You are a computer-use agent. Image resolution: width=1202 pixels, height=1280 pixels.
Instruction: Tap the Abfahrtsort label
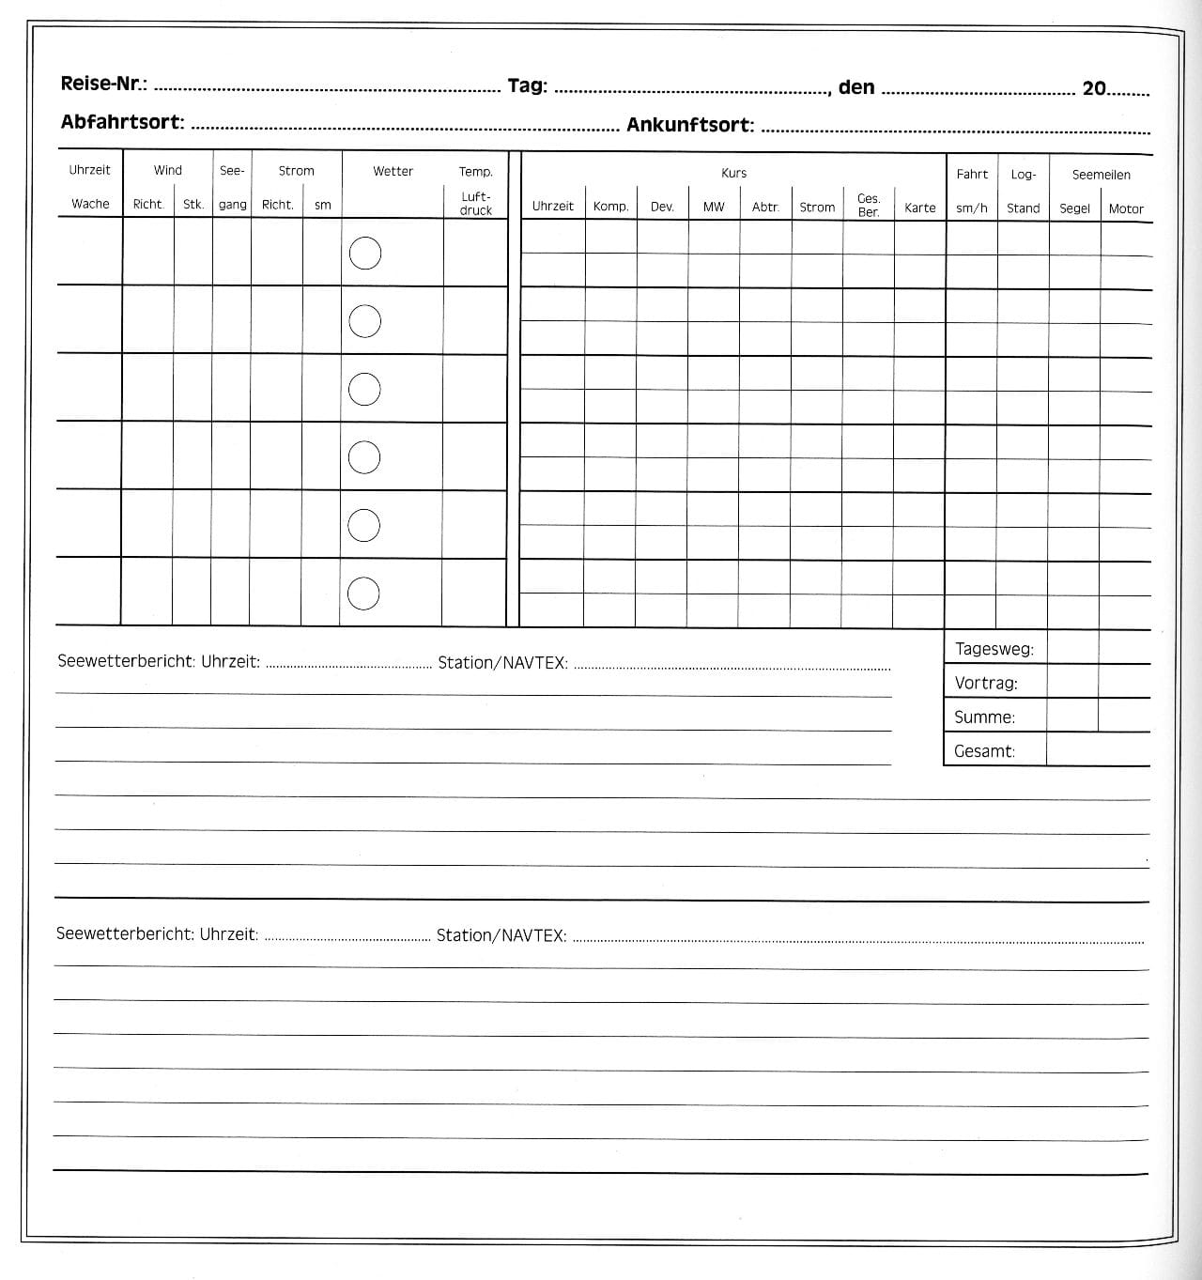[x=122, y=123]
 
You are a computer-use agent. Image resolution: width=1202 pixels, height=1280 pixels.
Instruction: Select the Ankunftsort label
[x=690, y=125]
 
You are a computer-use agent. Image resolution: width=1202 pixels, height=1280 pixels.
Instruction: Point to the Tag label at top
[x=527, y=86]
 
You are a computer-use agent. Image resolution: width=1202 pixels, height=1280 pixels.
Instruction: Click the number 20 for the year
[x=1094, y=89]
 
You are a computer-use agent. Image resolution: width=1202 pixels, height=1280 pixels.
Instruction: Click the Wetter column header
[x=393, y=171]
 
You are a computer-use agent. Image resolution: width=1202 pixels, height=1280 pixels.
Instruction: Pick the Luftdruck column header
[x=475, y=204]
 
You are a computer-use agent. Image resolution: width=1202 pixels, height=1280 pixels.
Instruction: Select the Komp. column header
[x=610, y=207]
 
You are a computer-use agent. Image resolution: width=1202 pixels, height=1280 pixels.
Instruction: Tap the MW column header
[x=714, y=207]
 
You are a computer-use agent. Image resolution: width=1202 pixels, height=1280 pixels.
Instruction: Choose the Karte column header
[x=920, y=208]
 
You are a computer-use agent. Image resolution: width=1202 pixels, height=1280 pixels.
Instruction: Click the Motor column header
[x=1126, y=209]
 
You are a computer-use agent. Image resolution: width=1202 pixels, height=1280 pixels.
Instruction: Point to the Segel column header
[x=1074, y=208]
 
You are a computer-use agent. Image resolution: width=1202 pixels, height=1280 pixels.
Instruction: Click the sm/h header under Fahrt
[x=972, y=208]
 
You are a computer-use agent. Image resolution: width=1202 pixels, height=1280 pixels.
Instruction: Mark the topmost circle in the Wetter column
[x=365, y=254]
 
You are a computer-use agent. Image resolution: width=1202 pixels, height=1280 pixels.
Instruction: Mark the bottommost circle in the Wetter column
[x=363, y=594]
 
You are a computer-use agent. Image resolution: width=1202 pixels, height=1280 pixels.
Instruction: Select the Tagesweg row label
[x=994, y=649]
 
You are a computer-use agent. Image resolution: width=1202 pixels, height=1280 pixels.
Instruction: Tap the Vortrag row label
[x=986, y=683]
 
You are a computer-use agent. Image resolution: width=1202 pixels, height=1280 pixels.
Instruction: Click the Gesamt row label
[x=984, y=751]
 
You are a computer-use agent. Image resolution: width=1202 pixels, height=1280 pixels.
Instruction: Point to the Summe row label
[x=984, y=717]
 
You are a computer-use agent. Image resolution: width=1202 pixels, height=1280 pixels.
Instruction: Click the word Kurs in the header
[x=733, y=174]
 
